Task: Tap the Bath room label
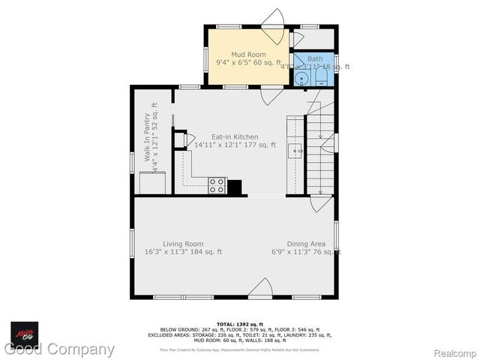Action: pos(314,58)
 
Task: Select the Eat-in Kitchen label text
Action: pos(235,137)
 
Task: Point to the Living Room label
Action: pos(184,244)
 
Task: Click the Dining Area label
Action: pos(298,244)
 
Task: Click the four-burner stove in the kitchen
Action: pos(217,185)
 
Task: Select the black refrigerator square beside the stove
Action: pos(235,187)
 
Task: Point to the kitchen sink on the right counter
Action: pos(297,150)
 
